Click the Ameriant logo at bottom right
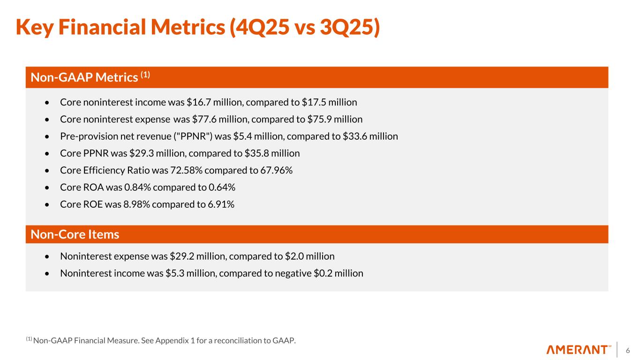(579, 350)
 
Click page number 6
(628, 350)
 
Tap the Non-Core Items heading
(75, 234)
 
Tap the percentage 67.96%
(276, 170)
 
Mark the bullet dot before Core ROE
(46, 205)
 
